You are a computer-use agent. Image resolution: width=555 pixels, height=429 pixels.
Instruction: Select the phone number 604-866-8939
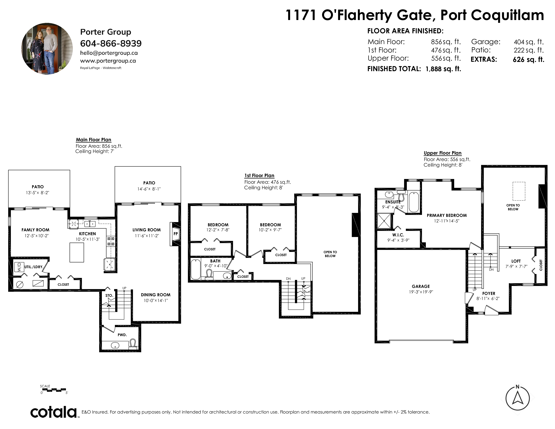[111, 43]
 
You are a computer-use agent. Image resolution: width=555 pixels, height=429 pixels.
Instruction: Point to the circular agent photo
[47, 49]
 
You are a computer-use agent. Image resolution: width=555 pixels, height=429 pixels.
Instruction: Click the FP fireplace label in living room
[176, 234]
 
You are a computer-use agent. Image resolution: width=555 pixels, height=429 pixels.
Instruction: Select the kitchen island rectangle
[77, 252]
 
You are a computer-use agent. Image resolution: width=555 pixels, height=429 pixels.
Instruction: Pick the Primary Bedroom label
[447, 216]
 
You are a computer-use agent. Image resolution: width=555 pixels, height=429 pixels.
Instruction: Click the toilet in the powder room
[132, 345]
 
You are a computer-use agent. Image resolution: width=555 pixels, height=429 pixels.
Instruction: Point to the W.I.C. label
[398, 235]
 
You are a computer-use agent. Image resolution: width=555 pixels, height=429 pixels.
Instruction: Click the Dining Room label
[156, 295]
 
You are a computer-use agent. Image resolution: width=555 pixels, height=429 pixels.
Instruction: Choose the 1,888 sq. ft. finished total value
[443, 69]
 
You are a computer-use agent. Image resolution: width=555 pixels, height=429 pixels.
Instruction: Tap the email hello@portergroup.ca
[109, 53]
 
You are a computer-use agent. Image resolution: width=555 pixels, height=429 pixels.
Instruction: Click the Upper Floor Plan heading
[442, 153]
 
